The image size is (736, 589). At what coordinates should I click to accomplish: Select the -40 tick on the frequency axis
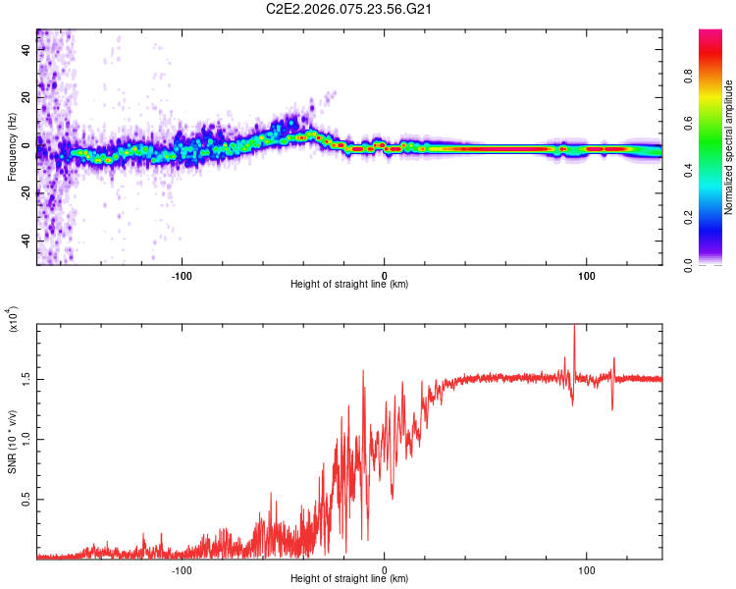tap(26, 241)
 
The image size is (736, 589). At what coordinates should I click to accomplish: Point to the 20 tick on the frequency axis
tap(26, 97)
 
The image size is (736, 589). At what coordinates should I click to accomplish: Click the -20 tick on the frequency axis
tap(26, 193)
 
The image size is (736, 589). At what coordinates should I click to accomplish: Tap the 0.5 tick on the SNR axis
tap(26, 500)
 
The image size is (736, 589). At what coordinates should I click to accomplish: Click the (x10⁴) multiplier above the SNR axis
tap(13, 319)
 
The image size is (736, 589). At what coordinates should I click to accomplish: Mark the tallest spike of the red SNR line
tap(574, 328)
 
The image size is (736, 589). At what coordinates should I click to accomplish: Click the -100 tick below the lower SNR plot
tap(182, 570)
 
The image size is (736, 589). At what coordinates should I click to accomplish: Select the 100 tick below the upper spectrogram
tap(587, 276)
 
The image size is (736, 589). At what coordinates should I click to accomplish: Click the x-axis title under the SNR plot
tap(349, 580)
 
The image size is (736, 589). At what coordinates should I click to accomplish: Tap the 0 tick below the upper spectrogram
tap(385, 276)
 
